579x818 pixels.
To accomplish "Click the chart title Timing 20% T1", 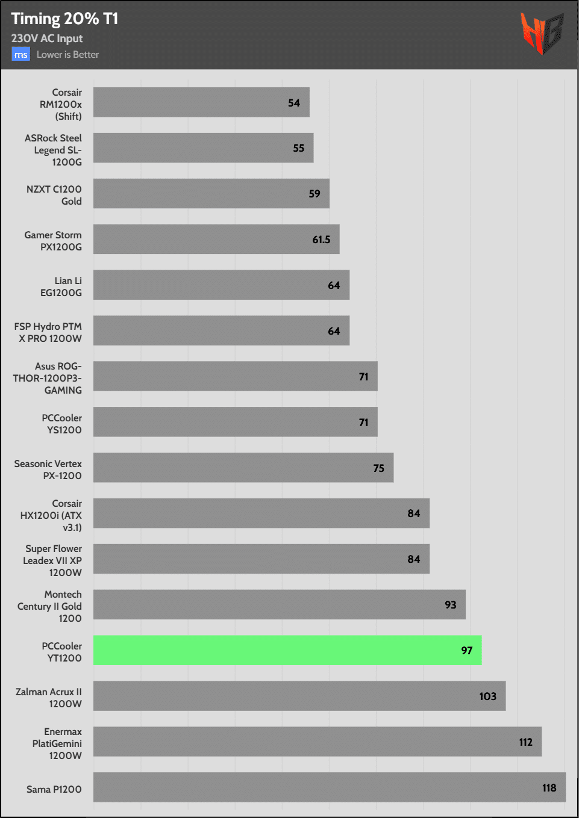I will [64, 19].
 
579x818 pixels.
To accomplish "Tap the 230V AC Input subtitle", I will [47, 39].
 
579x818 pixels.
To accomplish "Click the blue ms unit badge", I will [20, 55].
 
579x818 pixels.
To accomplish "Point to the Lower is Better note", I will [67, 55].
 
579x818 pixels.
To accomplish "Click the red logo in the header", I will [542, 33].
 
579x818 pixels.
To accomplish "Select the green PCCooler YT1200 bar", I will [287, 650].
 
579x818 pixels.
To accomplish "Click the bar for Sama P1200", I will [329, 787].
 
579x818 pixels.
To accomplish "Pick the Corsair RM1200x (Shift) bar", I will [201, 102].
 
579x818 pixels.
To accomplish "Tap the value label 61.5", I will [321, 240].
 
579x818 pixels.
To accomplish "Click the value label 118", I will [549, 788].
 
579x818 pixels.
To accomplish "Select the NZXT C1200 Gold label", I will [54, 195].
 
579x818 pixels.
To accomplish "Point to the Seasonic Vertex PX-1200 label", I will [48, 469].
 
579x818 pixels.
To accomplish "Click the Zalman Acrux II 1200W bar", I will [299, 696].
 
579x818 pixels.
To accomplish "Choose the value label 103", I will [487, 696].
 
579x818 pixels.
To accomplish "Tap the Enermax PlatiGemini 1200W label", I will [57, 743].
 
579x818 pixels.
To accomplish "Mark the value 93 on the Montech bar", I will [450, 605].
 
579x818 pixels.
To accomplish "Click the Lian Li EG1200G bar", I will [221, 285].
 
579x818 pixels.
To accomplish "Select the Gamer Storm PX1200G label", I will [53, 241].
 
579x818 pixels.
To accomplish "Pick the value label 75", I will [378, 468].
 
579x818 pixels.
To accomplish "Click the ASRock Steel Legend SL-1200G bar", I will [203, 148].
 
